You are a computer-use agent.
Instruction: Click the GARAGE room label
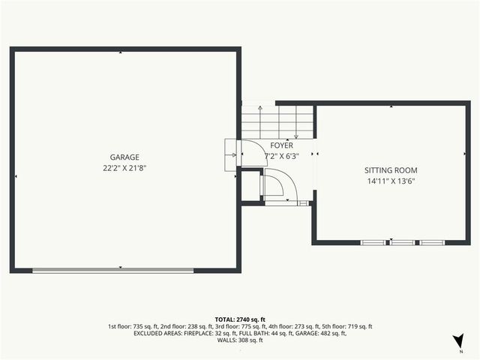point(124,157)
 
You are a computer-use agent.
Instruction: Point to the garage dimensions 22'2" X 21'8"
point(124,169)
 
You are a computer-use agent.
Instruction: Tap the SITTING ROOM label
point(391,171)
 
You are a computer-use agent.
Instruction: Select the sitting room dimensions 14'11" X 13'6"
point(391,181)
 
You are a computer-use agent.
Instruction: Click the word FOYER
point(282,145)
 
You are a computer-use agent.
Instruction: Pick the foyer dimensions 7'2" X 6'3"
point(283,157)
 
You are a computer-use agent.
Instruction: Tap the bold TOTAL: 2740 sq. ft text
point(239,319)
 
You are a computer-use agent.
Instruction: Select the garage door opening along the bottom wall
point(113,271)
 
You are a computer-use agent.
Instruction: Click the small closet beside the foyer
point(250,187)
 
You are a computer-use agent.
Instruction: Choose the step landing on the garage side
point(231,155)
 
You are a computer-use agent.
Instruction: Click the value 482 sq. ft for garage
point(329,334)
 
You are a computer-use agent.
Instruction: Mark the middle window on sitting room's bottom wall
point(403,242)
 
